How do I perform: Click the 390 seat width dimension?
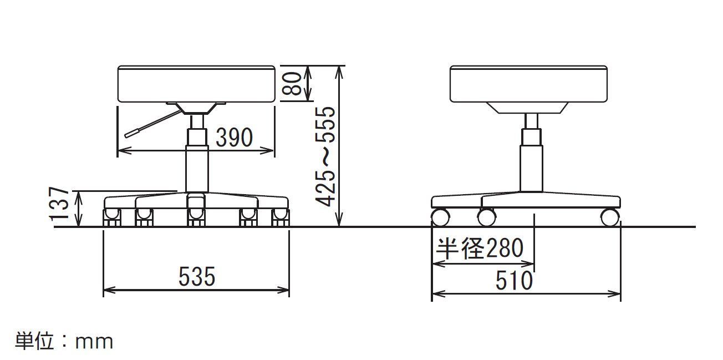[234, 137]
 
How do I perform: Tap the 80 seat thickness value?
[292, 83]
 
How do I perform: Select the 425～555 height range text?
[325, 156]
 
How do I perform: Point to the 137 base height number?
[59, 204]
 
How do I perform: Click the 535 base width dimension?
[197, 276]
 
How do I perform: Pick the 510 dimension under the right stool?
[514, 281]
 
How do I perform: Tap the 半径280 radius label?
[479, 248]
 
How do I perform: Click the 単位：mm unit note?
[64, 341]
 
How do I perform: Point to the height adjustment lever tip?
[126, 135]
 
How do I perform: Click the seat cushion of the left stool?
[196, 84]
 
